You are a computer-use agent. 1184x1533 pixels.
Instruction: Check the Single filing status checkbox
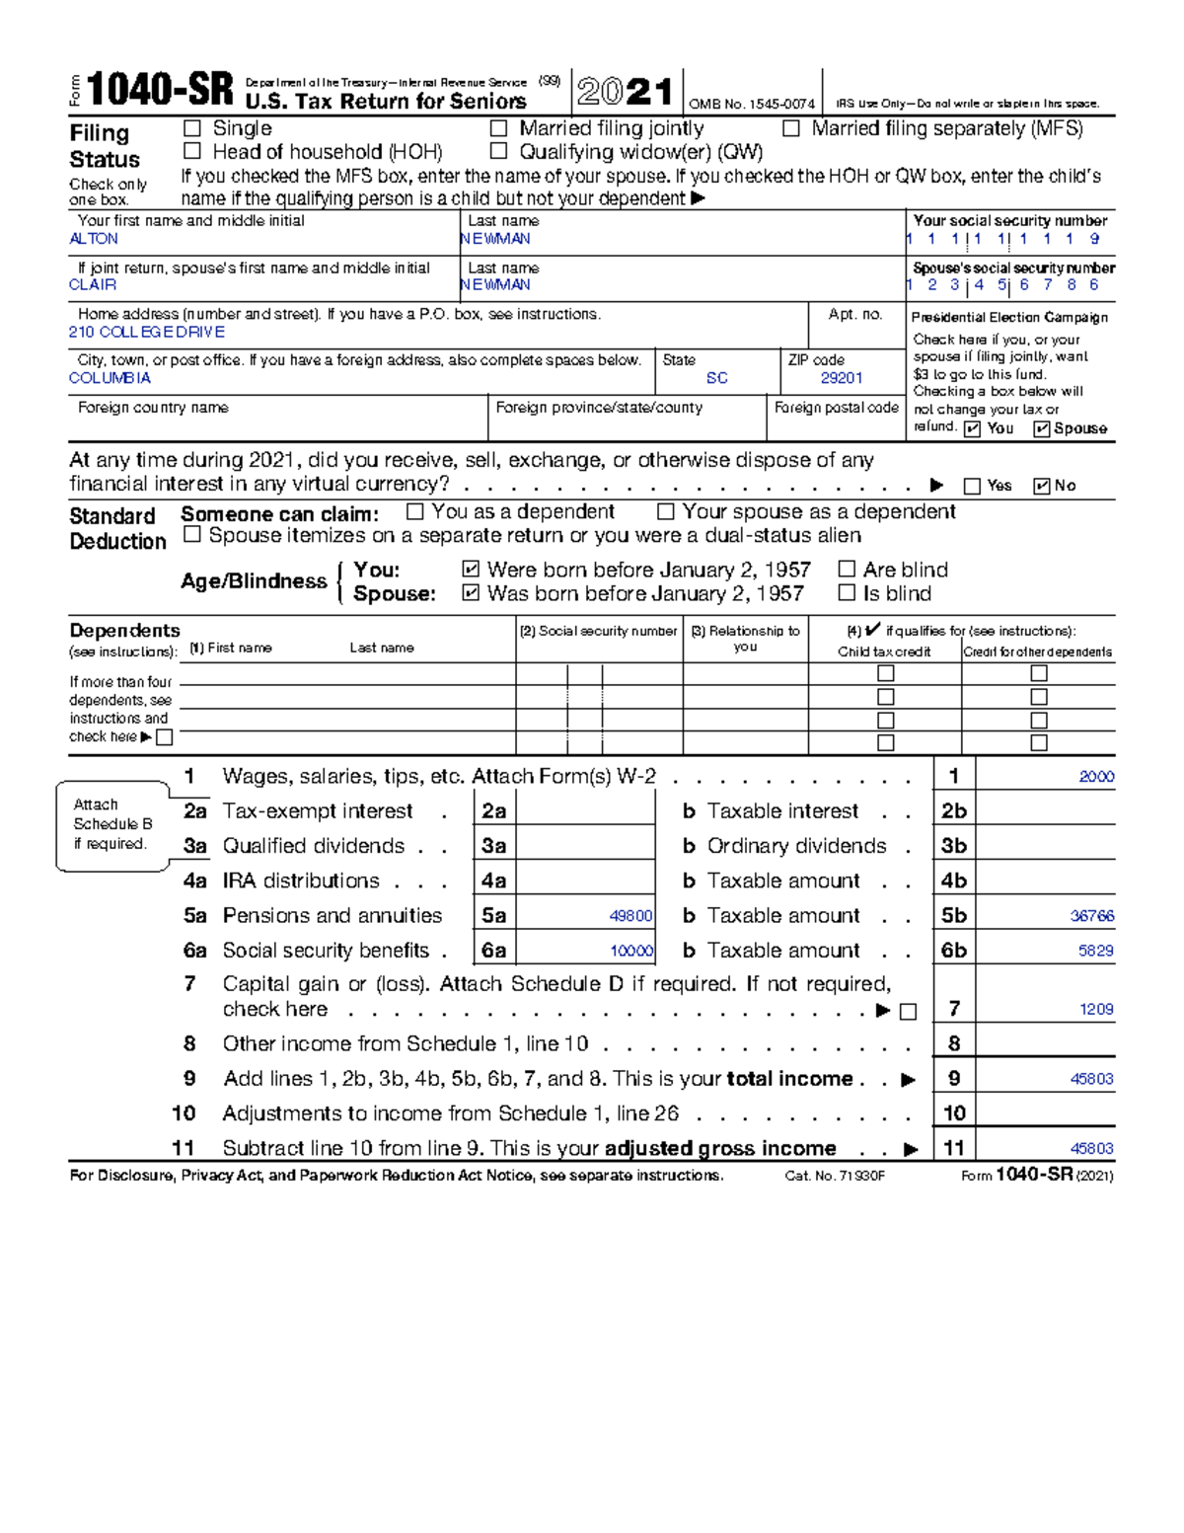pyautogui.click(x=192, y=128)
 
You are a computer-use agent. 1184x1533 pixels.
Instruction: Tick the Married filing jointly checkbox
pyautogui.click(x=499, y=128)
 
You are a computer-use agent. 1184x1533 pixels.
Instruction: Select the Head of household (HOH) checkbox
pyautogui.click(x=192, y=151)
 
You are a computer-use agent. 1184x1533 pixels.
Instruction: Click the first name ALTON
pyautogui.click(x=94, y=239)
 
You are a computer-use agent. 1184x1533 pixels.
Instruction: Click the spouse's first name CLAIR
pyautogui.click(x=93, y=284)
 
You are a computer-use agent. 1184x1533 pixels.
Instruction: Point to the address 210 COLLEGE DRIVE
pyautogui.click(x=147, y=332)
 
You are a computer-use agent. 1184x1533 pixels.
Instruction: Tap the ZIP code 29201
pyautogui.click(x=842, y=378)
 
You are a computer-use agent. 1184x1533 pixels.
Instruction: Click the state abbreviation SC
pyautogui.click(x=717, y=378)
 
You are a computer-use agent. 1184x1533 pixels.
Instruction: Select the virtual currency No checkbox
pyautogui.click(x=1041, y=486)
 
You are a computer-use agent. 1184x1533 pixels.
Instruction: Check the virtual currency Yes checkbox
pyautogui.click(x=973, y=486)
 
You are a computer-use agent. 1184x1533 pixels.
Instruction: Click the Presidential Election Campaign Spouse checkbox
pyautogui.click(x=1041, y=428)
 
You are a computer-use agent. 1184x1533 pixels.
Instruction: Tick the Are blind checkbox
pyautogui.click(x=847, y=570)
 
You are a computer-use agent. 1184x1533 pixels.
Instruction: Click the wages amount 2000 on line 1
pyautogui.click(x=1096, y=777)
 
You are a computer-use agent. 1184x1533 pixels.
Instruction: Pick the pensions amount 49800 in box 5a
pyautogui.click(x=630, y=916)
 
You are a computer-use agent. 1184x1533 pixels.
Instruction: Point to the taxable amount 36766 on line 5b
pyautogui.click(x=1092, y=916)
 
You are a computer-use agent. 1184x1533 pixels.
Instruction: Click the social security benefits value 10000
pyautogui.click(x=631, y=951)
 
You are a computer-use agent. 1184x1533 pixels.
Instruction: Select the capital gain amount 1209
pyautogui.click(x=1096, y=1009)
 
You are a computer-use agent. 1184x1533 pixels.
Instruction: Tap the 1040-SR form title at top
pyautogui.click(x=161, y=91)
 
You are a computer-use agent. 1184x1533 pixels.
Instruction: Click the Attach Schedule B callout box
pyautogui.click(x=112, y=824)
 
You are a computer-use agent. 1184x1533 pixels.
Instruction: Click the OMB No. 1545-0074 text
pyautogui.click(x=752, y=104)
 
